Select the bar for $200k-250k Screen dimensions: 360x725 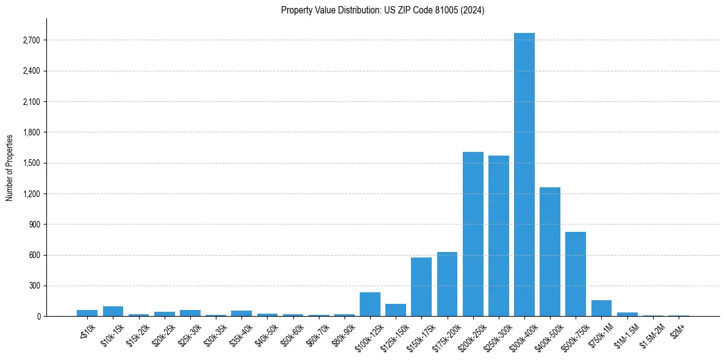coord(473,234)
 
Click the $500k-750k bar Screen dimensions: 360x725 coord(576,274)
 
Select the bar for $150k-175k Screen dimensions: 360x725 coord(421,287)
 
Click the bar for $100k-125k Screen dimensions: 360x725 coord(370,304)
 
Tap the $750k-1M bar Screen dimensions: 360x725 coord(601,308)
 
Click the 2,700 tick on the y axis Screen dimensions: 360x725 coord(30,40)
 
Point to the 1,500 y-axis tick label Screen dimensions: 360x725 coord(30,163)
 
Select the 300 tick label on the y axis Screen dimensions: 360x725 coord(34,286)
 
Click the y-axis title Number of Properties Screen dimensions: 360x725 coord(10,167)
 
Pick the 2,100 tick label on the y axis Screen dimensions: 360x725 coord(30,102)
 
